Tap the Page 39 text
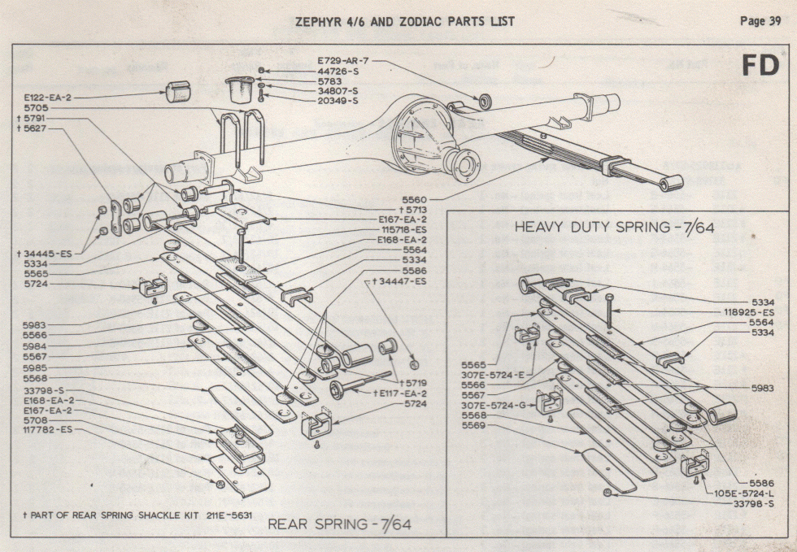click(x=760, y=21)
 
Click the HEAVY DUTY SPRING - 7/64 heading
click(x=614, y=228)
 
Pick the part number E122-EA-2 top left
click(x=48, y=97)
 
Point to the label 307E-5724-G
click(x=493, y=405)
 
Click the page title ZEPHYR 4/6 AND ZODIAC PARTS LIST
click(x=404, y=21)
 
